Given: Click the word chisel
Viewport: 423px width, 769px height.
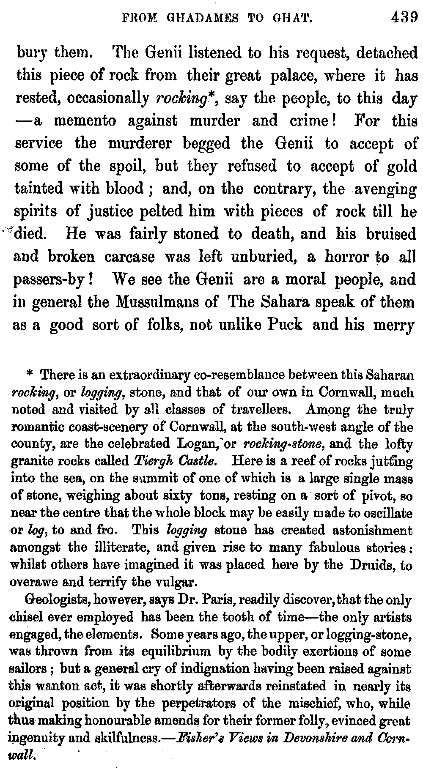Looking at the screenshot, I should tap(25, 617).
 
